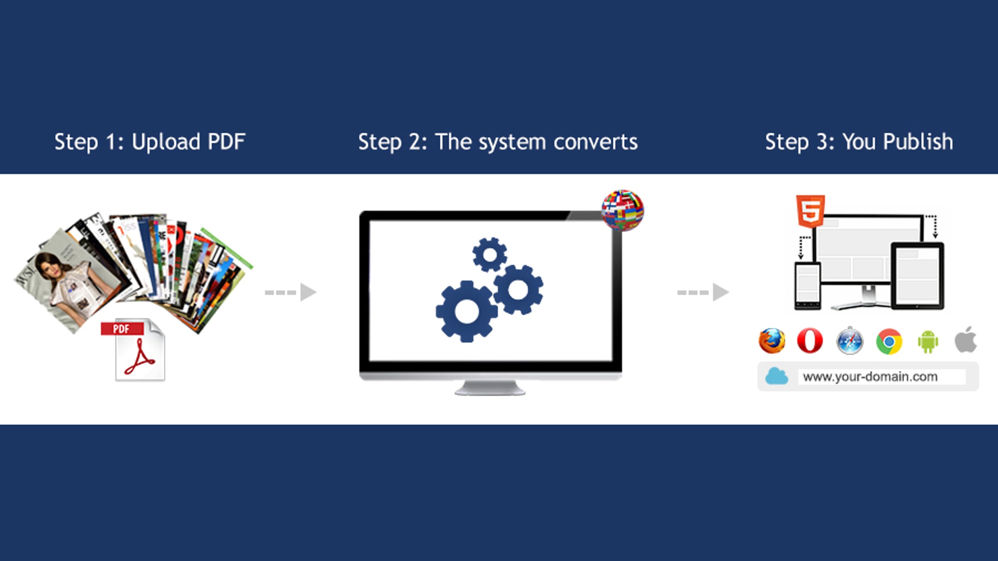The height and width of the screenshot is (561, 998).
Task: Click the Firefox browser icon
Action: [x=772, y=341]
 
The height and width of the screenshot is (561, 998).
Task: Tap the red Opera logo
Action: [x=810, y=341]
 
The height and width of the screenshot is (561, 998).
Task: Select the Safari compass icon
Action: [x=850, y=341]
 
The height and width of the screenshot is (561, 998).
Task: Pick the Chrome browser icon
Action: [x=889, y=341]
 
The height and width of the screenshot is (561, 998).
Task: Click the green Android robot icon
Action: [x=928, y=341]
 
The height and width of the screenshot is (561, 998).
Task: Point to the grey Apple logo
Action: [x=966, y=340]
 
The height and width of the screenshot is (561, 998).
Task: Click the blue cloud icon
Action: [x=776, y=376]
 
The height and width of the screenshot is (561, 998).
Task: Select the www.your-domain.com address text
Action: [x=870, y=377]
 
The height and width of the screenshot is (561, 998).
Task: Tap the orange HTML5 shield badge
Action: [x=810, y=211]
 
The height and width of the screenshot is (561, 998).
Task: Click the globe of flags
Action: [x=623, y=210]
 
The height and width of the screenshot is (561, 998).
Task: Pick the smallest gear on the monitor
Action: [x=489, y=255]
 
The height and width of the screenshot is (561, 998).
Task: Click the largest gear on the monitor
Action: [x=467, y=311]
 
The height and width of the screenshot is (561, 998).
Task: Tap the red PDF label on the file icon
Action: [x=122, y=329]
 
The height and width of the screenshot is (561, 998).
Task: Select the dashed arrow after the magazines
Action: [x=291, y=292]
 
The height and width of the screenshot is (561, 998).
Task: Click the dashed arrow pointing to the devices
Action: [x=703, y=292]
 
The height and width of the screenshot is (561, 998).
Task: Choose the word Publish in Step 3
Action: [x=918, y=142]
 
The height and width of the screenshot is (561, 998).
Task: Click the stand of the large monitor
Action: [x=490, y=388]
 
